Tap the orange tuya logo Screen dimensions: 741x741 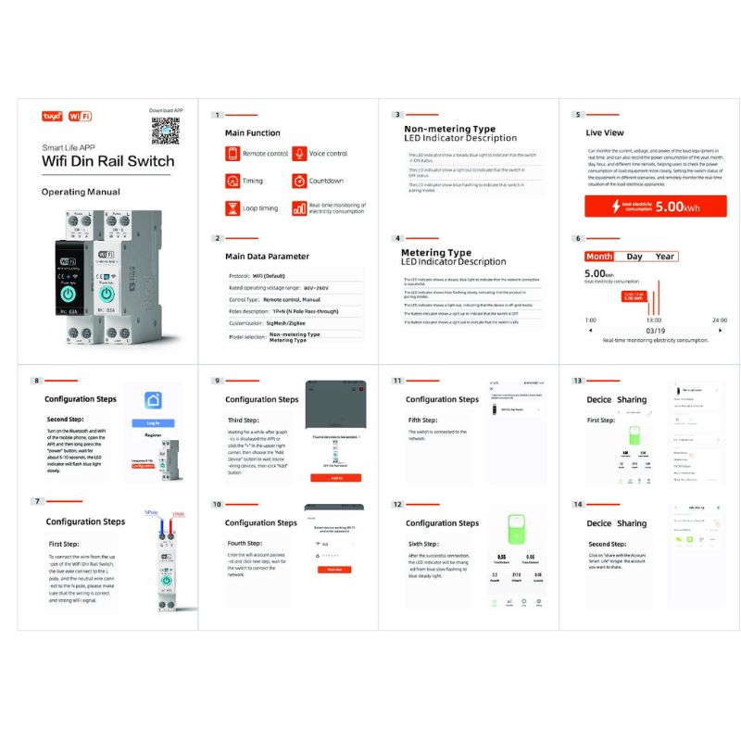[52, 118]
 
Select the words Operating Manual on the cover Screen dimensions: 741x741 [81, 192]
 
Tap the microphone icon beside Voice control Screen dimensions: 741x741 [299, 154]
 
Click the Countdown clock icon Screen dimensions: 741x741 [299, 181]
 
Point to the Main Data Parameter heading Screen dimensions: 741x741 [267, 256]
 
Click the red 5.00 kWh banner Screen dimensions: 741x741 [655, 207]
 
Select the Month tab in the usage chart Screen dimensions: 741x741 [599, 257]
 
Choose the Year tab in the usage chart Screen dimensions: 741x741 [664, 257]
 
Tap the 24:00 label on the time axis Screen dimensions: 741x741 [719, 320]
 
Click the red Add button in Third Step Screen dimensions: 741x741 [335, 478]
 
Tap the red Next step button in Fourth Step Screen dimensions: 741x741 [335, 570]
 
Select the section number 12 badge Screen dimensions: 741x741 [397, 504]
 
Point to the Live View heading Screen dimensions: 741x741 [605, 133]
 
